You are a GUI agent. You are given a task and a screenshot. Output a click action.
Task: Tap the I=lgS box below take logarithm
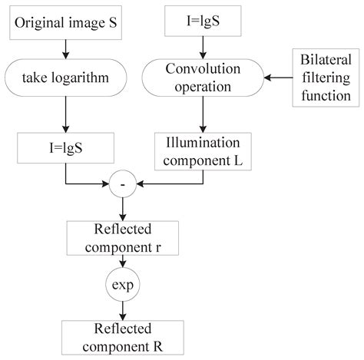click(x=66, y=145)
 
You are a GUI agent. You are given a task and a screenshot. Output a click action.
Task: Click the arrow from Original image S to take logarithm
click(x=66, y=49)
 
